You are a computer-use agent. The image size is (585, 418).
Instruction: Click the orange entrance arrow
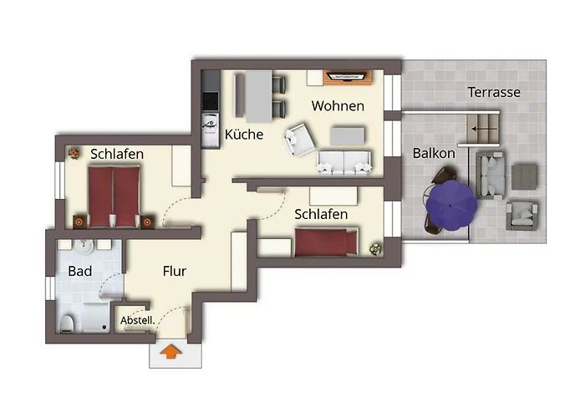170,353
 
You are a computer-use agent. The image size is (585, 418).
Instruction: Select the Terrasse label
494,92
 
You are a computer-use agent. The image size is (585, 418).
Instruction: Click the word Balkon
434,153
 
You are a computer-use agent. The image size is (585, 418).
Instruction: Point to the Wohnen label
338,106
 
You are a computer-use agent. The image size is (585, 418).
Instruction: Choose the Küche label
244,134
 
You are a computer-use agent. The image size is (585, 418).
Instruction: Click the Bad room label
80,272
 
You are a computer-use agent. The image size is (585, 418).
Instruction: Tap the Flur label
174,272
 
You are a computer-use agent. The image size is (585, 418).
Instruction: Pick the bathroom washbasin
84,247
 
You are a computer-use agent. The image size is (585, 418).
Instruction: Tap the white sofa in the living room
343,163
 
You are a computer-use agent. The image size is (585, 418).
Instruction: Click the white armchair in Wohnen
299,140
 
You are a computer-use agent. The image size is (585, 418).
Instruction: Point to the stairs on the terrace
486,129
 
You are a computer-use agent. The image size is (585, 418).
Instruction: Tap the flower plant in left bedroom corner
74,154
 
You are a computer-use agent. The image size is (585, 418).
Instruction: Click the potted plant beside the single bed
375,248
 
